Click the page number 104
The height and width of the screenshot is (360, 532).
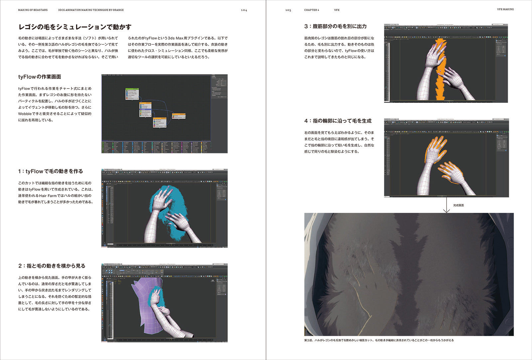[244, 10]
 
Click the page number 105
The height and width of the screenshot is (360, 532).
[288, 10]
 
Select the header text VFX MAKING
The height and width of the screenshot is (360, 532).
[505, 9]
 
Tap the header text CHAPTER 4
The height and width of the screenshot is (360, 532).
[311, 10]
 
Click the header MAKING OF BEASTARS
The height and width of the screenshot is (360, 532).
[33, 10]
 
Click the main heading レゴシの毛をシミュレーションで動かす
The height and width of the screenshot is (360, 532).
[75, 27]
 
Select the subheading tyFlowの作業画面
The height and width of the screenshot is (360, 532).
[40, 77]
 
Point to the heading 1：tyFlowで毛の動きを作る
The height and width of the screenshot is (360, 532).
[51, 171]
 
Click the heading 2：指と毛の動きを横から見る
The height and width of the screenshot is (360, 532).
[52, 266]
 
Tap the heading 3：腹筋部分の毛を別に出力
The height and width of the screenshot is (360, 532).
[335, 26]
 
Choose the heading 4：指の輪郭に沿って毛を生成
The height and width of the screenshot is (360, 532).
[338, 121]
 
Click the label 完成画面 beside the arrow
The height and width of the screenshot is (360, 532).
[458, 205]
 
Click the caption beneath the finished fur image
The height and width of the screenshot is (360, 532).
[379, 340]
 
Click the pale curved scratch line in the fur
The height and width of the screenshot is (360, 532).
[361, 299]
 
